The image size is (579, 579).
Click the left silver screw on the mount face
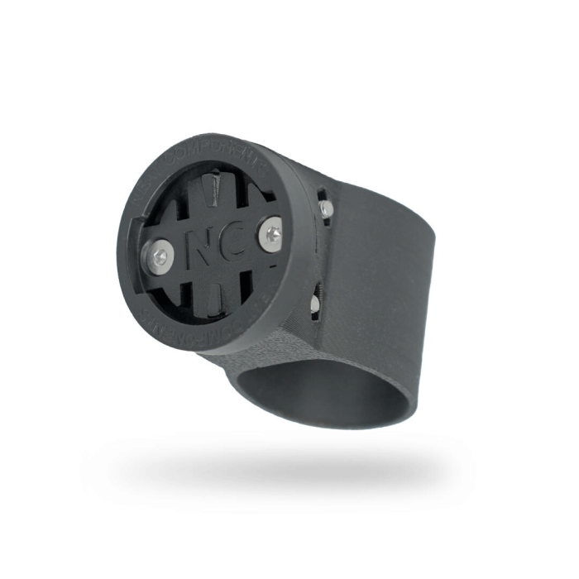[x=160, y=256]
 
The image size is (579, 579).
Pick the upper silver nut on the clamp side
[x=328, y=210]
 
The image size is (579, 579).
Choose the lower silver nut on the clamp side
[x=315, y=304]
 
